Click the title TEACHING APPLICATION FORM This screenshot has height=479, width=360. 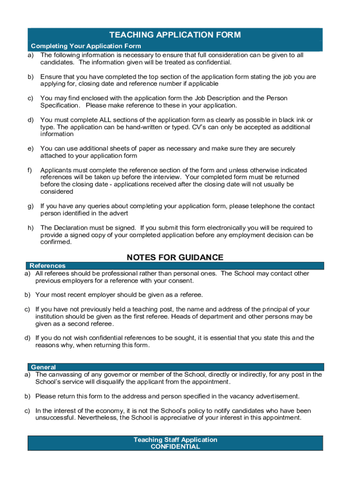pos(175,35)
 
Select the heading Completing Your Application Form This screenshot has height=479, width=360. pos(86,46)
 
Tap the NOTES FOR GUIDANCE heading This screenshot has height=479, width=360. pos(175,258)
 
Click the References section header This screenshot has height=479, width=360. pos(47,266)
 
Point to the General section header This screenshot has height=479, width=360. pos(43,367)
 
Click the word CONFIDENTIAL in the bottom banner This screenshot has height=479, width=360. pos(175,447)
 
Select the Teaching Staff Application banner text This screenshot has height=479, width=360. pos(175,440)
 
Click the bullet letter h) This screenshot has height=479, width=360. pos(31,228)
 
